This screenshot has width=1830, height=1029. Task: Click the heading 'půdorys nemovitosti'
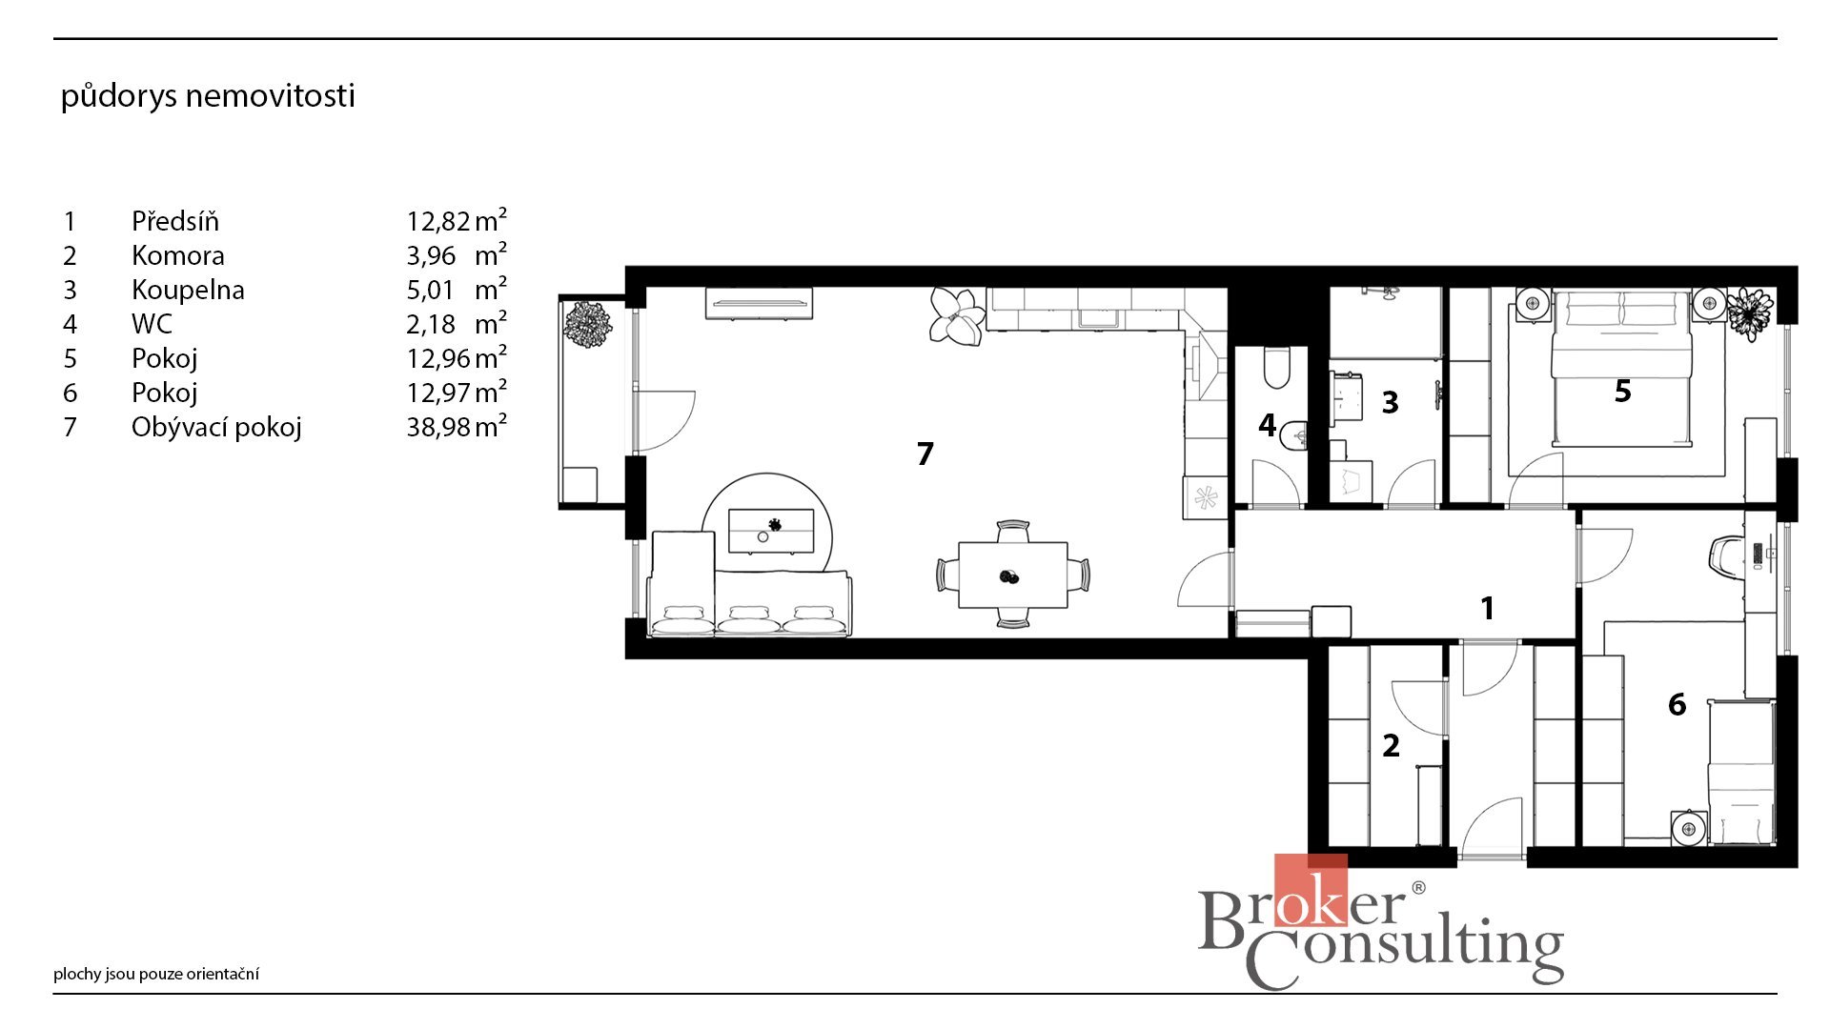(x=208, y=96)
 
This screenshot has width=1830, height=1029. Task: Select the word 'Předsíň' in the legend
(x=175, y=221)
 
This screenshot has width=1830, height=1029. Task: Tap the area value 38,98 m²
(x=457, y=426)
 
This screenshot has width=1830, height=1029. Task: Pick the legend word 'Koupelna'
(x=188, y=290)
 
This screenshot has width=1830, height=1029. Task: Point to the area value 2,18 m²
(x=457, y=323)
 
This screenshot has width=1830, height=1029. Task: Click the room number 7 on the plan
(x=925, y=454)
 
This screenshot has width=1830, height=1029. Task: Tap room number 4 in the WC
(x=1267, y=425)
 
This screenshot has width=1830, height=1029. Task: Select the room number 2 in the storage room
(x=1391, y=745)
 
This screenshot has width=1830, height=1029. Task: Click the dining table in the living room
(x=1013, y=575)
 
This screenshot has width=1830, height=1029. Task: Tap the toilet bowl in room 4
(x=1275, y=370)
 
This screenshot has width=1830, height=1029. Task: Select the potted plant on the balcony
(x=587, y=324)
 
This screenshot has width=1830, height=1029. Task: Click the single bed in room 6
(x=1742, y=772)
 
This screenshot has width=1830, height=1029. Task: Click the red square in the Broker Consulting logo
(x=1311, y=890)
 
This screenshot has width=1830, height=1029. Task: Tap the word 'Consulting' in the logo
(x=1406, y=949)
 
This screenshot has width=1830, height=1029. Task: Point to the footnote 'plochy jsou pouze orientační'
(x=156, y=974)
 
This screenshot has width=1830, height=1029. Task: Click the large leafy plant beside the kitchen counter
(x=956, y=315)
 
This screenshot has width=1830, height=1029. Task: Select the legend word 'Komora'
(x=178, y=255)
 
